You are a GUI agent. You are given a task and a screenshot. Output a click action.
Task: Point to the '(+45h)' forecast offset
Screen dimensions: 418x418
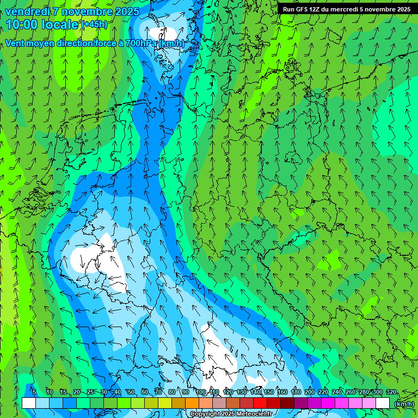click(x=94, y=24)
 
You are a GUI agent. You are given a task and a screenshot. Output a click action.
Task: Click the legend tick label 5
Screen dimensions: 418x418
click(x=34, y=392)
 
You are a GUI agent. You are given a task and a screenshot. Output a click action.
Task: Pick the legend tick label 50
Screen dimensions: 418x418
click(x=131, y=392)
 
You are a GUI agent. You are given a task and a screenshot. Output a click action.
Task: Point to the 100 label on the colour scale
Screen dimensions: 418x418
click(x=201, y=392)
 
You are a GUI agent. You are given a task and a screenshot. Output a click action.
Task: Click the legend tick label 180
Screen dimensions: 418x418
click(x=296, y=392)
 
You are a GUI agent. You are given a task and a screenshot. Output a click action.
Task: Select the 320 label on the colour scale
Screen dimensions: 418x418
click(x=391, y=392)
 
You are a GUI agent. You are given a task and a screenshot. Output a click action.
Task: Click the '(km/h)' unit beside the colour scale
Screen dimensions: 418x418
click(x=404, y=404)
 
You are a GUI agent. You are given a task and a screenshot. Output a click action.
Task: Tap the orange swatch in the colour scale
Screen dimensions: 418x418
click(x=192, y=403)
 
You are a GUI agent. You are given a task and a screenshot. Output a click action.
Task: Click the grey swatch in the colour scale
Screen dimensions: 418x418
click(x=219, y=403)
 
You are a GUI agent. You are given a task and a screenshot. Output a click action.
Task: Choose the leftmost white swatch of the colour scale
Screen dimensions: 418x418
click(x=29, y=403)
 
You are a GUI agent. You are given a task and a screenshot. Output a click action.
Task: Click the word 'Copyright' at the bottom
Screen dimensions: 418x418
click(x=205, y=414)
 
